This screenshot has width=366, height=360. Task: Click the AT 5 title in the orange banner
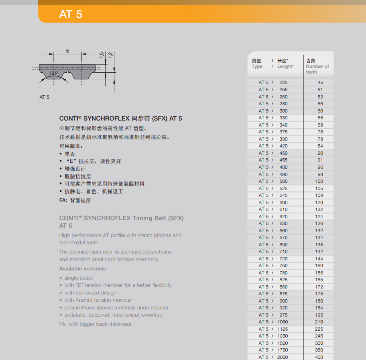[x=71, y=14]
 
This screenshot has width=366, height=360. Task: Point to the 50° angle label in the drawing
[x=54, y=73]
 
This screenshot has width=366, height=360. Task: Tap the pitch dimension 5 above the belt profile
[x=67, y=51]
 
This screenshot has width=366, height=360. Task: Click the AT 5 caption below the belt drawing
[x=45, y=97]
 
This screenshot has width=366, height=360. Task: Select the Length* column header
[x=285, y=66]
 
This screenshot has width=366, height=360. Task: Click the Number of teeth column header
[x=317, y=69]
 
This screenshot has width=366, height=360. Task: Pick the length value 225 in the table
[x=283, y=82]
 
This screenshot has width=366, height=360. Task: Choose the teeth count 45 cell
[x=320, y=82]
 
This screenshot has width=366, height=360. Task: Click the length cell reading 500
[x=283, y=181]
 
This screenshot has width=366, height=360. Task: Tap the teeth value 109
[x=319, y=195]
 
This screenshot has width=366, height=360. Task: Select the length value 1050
[x=283, y=322]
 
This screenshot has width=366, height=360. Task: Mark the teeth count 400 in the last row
[x=319, y=357]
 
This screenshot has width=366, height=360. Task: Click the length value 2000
[x=283, y=357]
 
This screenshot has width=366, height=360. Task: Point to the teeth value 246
[x=319, y=336]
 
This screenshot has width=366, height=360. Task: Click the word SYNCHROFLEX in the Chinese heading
[x=106, y=119]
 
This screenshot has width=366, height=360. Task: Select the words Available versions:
[x=83, y=268]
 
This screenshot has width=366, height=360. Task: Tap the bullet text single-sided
[x=79, y=278]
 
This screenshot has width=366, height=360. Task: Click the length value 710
[x=283, y=252]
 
